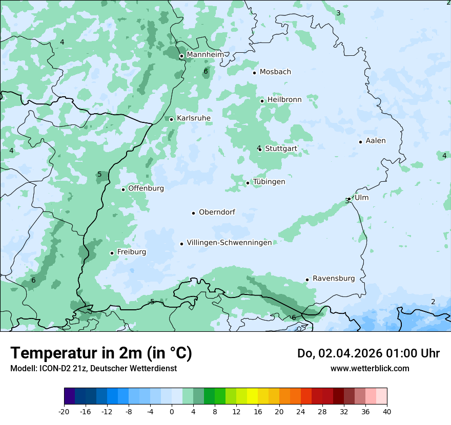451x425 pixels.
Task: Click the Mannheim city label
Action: coord(205,55)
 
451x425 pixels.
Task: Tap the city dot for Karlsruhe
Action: coord(172,119)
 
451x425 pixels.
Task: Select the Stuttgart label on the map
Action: coord(281,149)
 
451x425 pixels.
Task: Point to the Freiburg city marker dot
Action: coord(112,253)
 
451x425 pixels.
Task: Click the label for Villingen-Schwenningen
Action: coord(229,243)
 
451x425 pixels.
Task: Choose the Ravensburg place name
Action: coord(334,279)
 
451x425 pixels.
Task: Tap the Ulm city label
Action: coord(361,198)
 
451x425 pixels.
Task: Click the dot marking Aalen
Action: coord(361,142)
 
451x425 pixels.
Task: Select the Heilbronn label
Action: coord(284,100)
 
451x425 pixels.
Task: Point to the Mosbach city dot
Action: coord(254,73)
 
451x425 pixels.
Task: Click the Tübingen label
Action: coord(269,182)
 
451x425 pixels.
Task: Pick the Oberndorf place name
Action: coord(217,212)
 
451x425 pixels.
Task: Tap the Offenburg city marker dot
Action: coord(124,189)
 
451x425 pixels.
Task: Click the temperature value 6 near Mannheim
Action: coord(206,71)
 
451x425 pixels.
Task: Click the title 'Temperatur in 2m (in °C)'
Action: coord(101,353)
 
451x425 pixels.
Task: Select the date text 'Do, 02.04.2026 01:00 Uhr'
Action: coord(368,353)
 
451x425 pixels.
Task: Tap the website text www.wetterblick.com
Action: coord(370,368)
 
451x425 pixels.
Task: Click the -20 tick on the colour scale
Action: coord(64,411)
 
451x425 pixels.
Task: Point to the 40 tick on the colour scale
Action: coord(386,411)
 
